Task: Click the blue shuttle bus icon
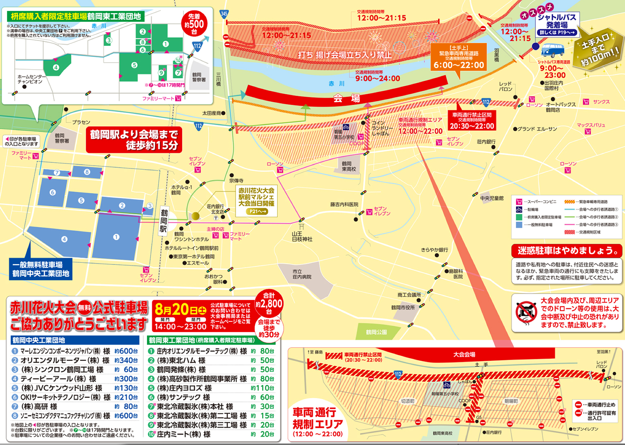[x=552, y=50]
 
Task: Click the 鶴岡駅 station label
[x=164, y=221]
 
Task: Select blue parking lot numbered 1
[x=116, y=237]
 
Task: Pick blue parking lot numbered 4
[x=64, y=239]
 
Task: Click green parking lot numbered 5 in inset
[x=134, y=65]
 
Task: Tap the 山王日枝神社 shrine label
[x=302, y=237]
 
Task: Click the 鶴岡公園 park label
[x=376, y=332]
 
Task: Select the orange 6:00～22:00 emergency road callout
[x=458, y=57]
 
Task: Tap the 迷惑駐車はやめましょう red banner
[x=567, y=251]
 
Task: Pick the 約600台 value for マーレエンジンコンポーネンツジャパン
[x=126, y=351]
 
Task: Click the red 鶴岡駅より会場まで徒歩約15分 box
[x=134, y=140]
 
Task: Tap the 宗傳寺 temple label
[x=236, y=181]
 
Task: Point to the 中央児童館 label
[x=492, y=198]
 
